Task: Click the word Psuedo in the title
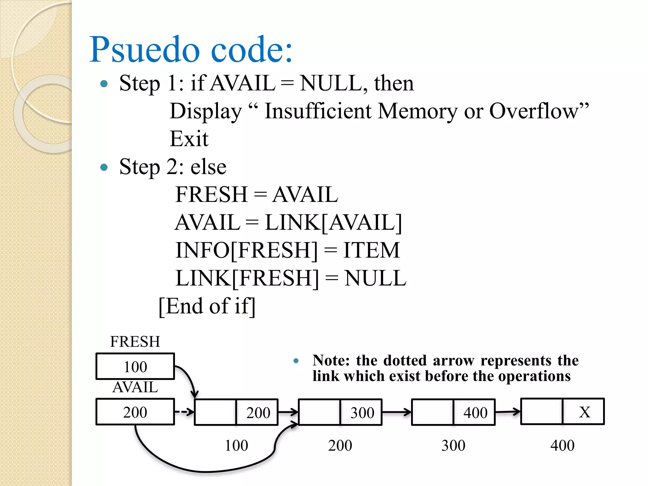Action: (145, 50)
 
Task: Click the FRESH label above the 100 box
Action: (135, 342)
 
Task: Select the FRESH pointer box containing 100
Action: (135, 366)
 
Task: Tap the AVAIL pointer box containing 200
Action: (135, 412)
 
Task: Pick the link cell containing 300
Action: (361, 413)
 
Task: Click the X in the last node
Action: (584, 412)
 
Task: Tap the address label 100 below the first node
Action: (236, 445)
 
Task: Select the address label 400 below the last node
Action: (562, 445)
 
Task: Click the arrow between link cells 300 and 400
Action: (396, 412)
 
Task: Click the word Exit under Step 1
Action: (189, 139)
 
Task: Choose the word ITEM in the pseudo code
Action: (371, 250)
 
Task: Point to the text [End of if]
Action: (207, 306)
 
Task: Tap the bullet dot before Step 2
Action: (104, 167)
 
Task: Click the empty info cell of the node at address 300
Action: (433, 412)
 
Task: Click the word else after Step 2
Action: (209, 167)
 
